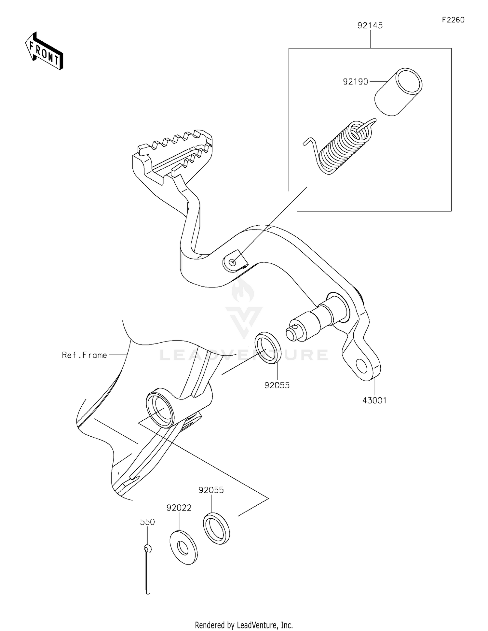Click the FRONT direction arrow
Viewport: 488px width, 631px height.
(x=44, y=51)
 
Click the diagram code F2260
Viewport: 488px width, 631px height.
(x=453, y=20)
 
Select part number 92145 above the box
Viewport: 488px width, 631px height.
(x=370, y=25)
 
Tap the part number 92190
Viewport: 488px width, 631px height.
(x=355, y=82)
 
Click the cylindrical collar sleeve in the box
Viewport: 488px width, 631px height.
(x=398, y=92)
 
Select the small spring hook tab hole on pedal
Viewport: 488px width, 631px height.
(x=232, y=262)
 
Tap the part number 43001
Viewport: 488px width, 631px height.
(x=374, y=400)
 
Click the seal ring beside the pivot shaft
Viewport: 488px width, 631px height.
(x=268, y=348)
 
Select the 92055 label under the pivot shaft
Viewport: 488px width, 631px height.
(x=277, y=385)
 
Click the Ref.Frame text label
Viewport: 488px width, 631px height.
(x=84, y=355)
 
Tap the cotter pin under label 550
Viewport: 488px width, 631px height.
(x=148, y=570)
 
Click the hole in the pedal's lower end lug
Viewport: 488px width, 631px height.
(x=362, y=366)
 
